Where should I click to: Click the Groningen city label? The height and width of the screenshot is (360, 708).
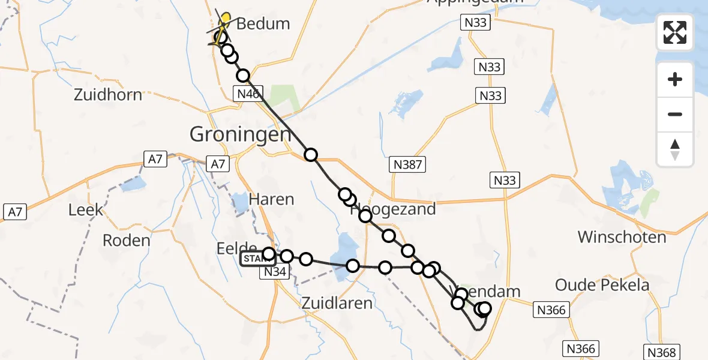(240, 134)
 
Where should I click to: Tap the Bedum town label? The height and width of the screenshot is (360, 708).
(263, 24)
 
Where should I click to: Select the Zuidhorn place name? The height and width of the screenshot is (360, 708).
(108, 95)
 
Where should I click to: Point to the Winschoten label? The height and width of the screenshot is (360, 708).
(622, 237)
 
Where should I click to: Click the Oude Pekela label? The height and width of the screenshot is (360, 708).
(602, 285)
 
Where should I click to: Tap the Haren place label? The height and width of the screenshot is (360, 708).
(271, 200)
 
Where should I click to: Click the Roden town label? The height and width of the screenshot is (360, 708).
(126, 241)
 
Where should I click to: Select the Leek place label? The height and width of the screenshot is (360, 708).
(86, 210)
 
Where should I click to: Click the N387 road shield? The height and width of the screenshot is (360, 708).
(409, 164)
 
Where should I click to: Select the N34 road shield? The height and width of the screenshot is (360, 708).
(275, 272)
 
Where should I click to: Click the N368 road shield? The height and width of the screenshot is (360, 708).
(662, 352)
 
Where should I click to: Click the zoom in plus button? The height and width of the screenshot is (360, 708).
(675, 79)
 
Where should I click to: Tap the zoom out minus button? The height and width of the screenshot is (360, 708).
(675, 114)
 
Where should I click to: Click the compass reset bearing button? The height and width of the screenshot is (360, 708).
(675, 149)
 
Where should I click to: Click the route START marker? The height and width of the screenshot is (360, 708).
(258, 259)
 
